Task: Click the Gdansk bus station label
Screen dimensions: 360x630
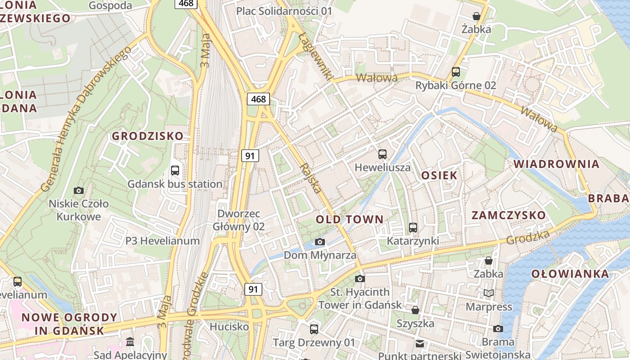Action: pyautogui.click(x=175, y=184)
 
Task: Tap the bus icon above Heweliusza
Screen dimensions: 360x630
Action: pyautogui.click(x=382, y=154)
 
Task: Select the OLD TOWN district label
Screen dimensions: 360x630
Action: pyautogui.click(x=350, y=220)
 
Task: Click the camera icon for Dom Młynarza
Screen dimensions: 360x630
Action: pyautogui.click(x=319, y=242)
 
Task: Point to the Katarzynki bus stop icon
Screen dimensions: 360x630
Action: pyautogui.click(x=413, y=228)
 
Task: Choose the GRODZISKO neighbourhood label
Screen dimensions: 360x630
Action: pyautogui.click(x=148, y=136)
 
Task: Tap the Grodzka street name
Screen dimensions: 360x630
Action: pyautogui.click(x=528, y=238)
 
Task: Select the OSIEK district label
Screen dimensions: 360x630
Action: pyautogui.click(x=439, y=175)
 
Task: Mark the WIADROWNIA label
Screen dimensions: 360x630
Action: pyautogui.click(x=557, y=164)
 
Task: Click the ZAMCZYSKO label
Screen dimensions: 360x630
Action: pyautogui.click(x=508, y=215)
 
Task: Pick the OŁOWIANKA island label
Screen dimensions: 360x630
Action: pyautogui.click(x=570, y=274)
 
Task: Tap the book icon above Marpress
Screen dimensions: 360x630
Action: pyautogui.click(x=489, y=293)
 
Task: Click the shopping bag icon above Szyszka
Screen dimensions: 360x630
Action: pyautogui.click(x=415, y=310)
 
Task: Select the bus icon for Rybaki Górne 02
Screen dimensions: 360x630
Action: pyautogui.click(x=455, y=72)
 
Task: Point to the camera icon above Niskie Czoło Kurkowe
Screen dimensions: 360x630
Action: pyautogui.click(x=79, y=190)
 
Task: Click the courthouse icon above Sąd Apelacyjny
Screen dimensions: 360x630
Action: pyautogui.click(x=130, y=342)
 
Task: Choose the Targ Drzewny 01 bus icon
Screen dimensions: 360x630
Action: pyautogui.click(x=314, y=329)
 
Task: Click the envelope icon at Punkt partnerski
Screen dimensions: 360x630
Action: pyautogui.click(x=419, y=344)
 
